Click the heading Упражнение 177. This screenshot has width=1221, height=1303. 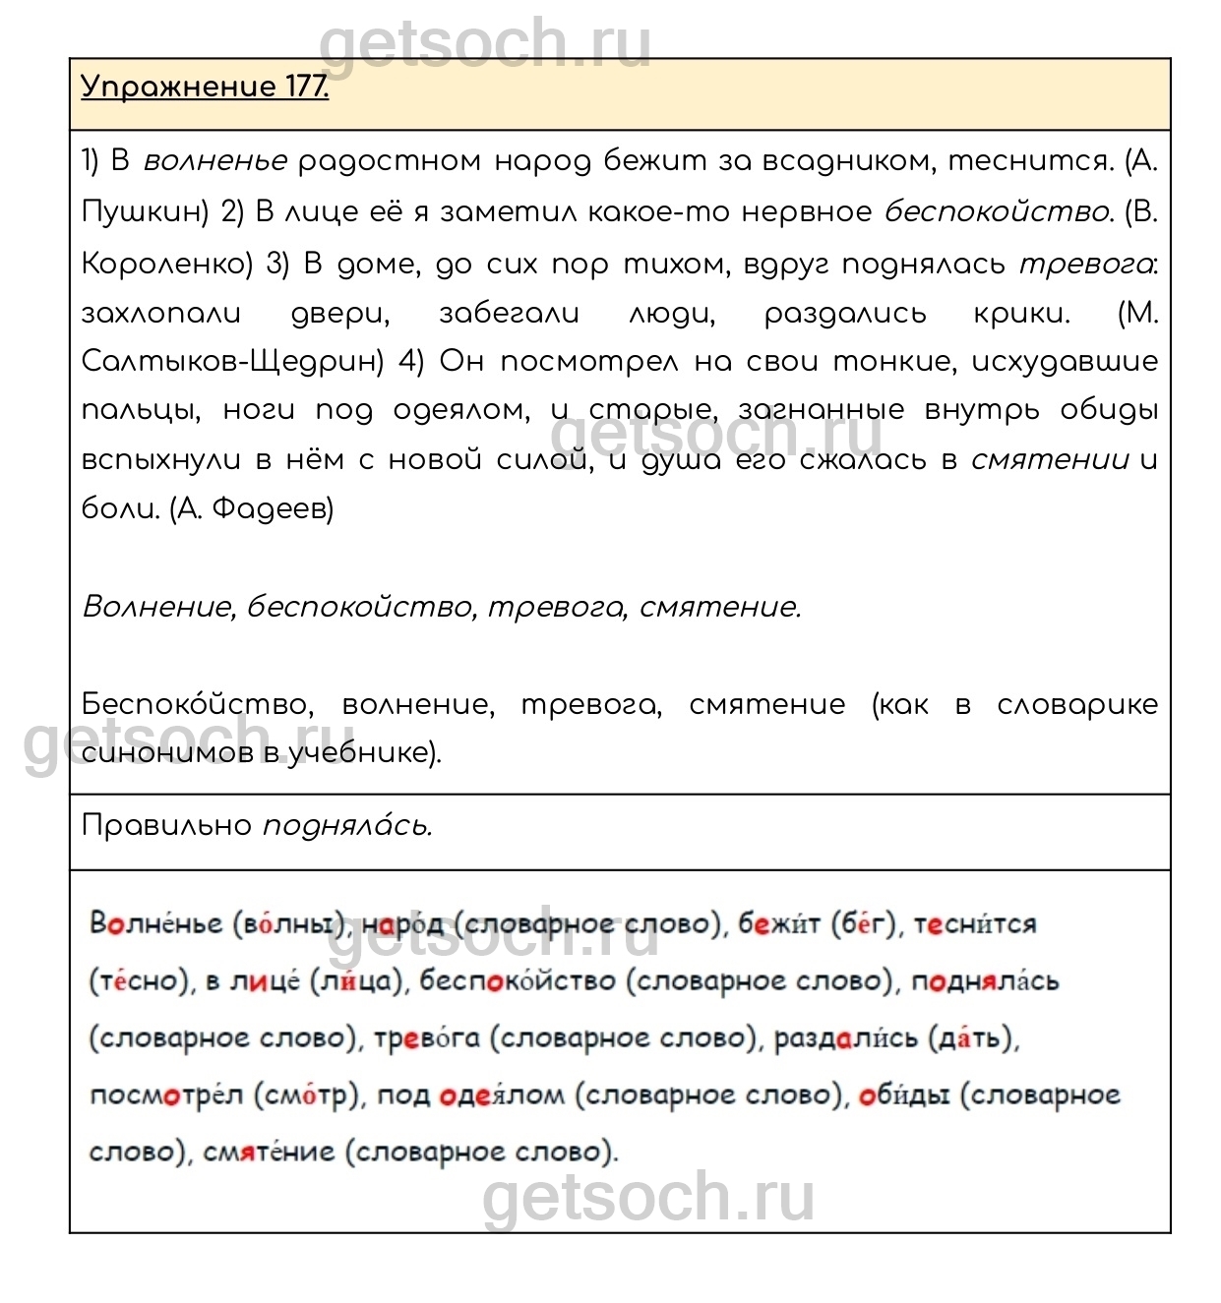(x=205, y=88)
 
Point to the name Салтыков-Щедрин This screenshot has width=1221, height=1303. (x=232, y=362)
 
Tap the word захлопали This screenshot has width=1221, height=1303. (x=160, y=314)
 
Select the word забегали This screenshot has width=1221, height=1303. (x=509, y=314)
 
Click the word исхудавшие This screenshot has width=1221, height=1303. (x=1065, y=362)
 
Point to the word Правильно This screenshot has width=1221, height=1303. (x=166, y=826)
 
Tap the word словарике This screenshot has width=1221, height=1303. (x=1076, y=705)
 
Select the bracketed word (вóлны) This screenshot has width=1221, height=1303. (x=291, y=924)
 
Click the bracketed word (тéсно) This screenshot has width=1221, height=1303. (x=140, y=981)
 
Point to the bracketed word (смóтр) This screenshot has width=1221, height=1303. (x=308, y=1096)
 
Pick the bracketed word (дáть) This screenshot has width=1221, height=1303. (x=973, y=1038)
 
